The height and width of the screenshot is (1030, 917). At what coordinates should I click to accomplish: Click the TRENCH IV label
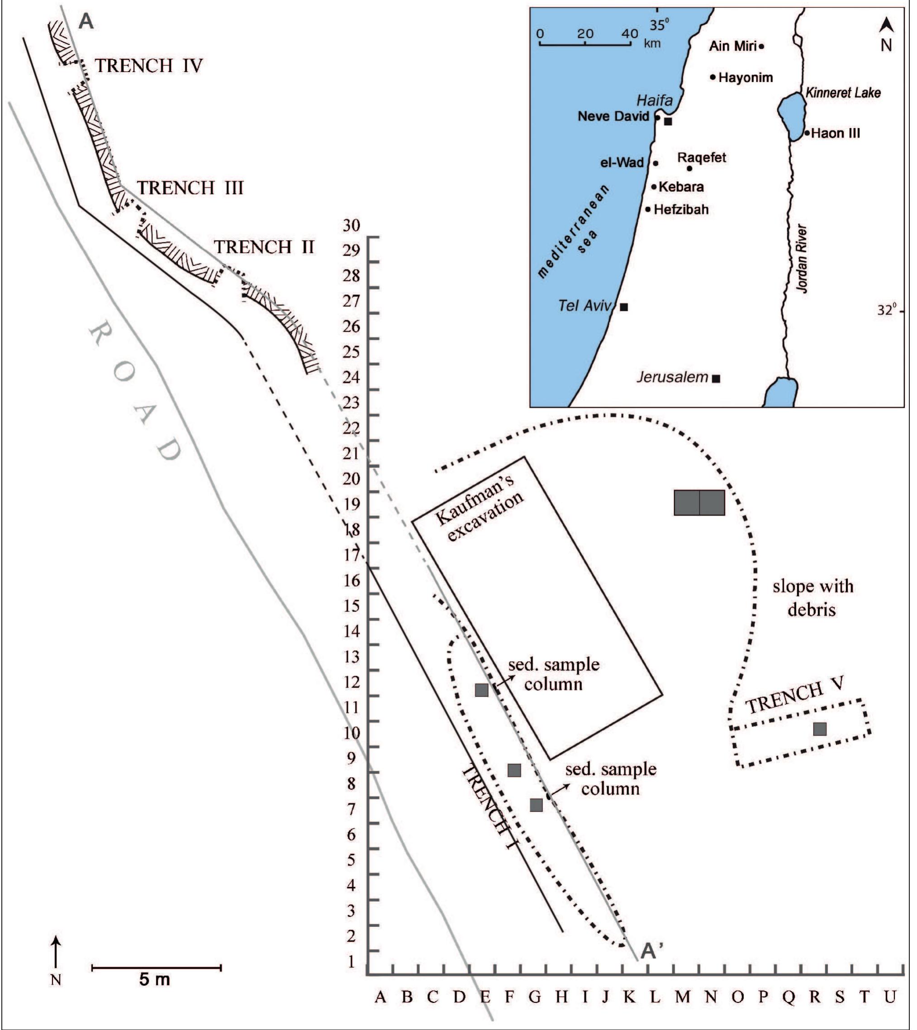click(x=149, y=66)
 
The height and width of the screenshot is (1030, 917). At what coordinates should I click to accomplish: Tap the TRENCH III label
click(x=190, y=188)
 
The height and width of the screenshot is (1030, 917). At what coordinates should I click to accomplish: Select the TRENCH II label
click(x=265, y=247)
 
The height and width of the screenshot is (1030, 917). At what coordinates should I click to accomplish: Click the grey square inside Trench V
click(x=820, y=729)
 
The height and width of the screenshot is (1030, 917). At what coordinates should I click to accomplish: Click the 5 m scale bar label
click(x=155, y=980)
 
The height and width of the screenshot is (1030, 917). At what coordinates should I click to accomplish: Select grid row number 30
click(x=352, y=225)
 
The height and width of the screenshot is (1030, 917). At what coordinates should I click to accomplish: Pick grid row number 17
click(x=352, y=555)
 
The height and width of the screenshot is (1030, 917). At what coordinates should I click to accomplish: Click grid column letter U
click(x=890, y=996)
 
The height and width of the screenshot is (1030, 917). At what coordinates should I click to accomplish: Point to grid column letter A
click(x=380, y=996)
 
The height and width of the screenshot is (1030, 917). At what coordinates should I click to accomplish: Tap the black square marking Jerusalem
click(x=716, y=378)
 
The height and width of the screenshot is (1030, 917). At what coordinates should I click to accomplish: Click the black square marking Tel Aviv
click(x=624, y=307)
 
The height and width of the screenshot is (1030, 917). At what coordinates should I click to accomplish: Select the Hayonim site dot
click(x=713, y=77)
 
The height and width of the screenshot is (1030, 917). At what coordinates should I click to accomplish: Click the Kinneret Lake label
click(x=843, y=93)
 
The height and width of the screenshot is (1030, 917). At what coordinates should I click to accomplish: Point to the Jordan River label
click(x=803, y=258)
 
